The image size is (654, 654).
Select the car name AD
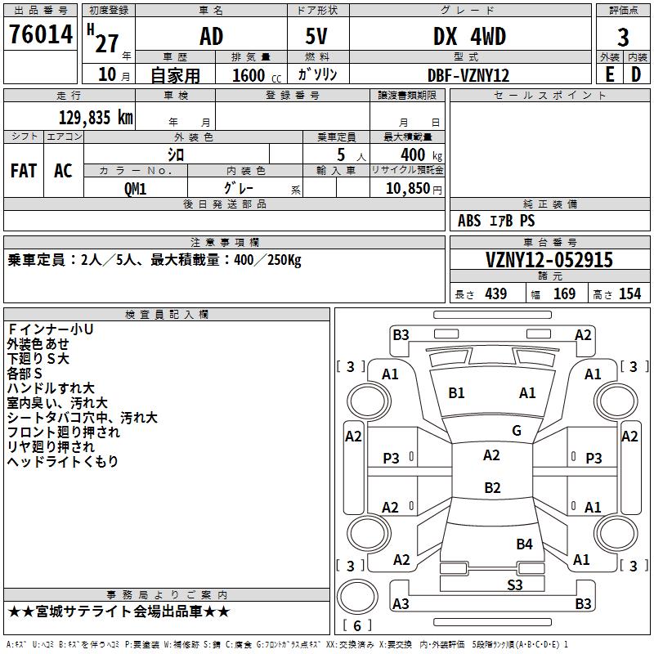pos(211,37)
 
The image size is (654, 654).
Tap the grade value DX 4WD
pos(469,37)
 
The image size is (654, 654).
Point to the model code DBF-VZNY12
pos(469,75)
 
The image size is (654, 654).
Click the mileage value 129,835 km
pos(96,117)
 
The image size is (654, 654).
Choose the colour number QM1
pos(136,187)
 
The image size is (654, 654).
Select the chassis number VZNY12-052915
pos(549,260)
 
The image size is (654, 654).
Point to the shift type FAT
pos(23,171)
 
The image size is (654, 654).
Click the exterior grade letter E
pos(609,74)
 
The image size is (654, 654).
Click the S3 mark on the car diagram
pos(514,585)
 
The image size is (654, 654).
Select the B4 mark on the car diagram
pos(524,544)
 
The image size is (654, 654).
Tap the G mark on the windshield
pos(516,431)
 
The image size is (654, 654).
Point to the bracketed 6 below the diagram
pos(357,625)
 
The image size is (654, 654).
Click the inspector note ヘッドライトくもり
pos(63,462)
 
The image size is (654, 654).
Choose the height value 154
pos(629,294)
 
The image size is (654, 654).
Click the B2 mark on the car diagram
pos(492,488)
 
